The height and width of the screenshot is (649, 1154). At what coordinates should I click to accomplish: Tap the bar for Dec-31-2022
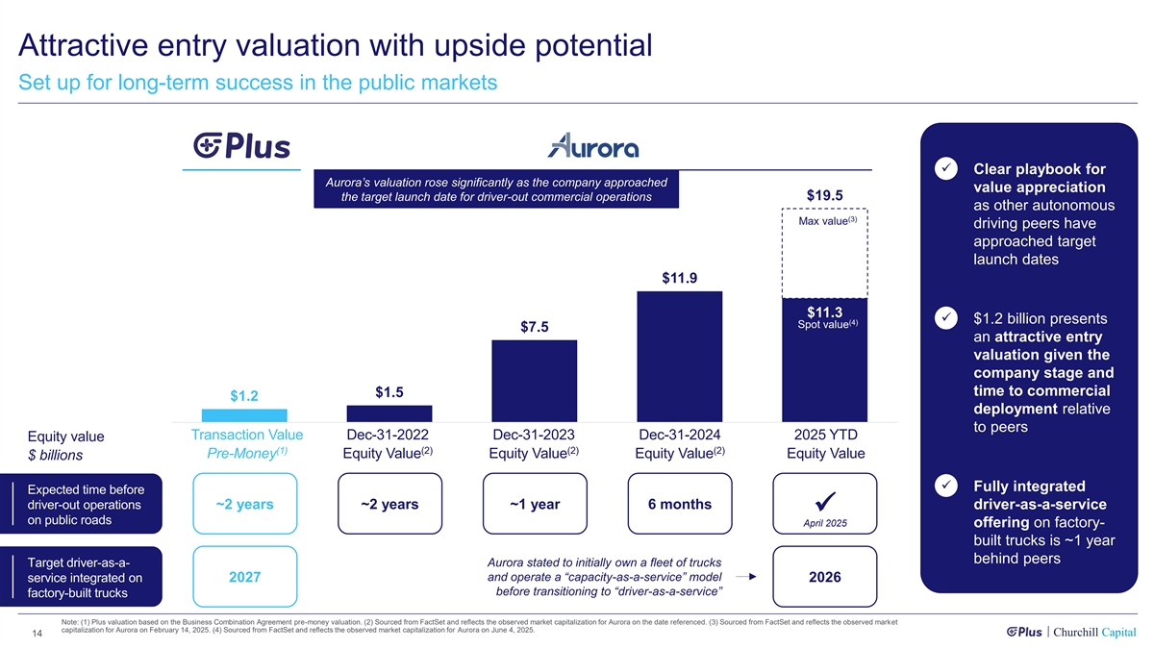coord(389,413)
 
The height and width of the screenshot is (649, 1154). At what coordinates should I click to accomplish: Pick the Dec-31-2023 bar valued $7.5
coord(534,381)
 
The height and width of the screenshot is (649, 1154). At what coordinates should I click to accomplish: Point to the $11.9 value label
coord(679,279)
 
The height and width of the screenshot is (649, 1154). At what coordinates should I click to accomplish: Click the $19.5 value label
coord(824,195)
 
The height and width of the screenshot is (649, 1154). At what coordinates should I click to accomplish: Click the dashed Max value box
coord(825,252)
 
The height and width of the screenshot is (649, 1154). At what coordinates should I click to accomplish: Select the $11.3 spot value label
coord(824,312)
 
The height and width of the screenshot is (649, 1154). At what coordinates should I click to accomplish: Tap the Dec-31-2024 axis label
coord(679,435)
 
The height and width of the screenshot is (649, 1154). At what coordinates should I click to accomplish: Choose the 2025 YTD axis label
coord(825,435)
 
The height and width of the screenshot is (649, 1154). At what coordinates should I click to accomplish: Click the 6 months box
coord(679,505)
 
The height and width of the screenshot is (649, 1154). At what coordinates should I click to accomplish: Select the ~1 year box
coord(535,505)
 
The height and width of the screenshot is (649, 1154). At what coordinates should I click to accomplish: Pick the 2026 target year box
coord(825,577)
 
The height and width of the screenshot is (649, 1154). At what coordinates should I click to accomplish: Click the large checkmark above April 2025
coord(825,502)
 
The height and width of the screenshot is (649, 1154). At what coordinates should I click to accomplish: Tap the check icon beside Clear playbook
coord(945,169)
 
